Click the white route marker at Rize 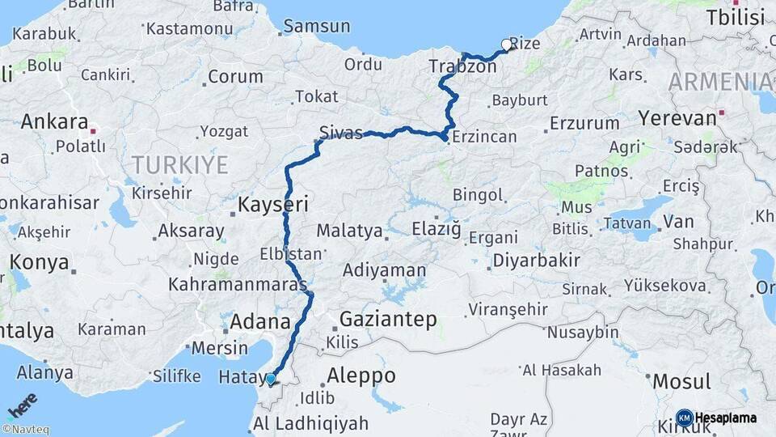[x=507, y=45]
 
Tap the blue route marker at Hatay [x=270, y=378]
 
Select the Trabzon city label [x=462, y=66]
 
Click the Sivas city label [x=340, y=133]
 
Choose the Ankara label [x=54, y=122]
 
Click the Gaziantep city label [x=388, y=319]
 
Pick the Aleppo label [x=361, y=376]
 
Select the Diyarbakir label [x=537, y=261]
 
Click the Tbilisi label [x=735, y=18]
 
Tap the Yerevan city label [x=677, y=118]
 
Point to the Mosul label [x=681, y=381]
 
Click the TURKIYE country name [x=179, y=166]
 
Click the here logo [x=23, y=406]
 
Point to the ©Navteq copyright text [x=25, y=430]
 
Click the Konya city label [x=39, y=263]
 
